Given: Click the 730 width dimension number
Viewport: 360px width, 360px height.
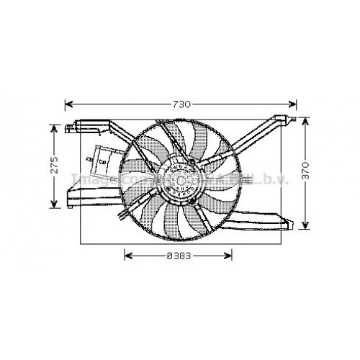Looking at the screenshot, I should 182,104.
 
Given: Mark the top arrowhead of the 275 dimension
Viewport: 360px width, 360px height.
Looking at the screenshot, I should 53,127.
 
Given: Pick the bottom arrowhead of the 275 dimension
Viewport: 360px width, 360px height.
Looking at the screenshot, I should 53,204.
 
